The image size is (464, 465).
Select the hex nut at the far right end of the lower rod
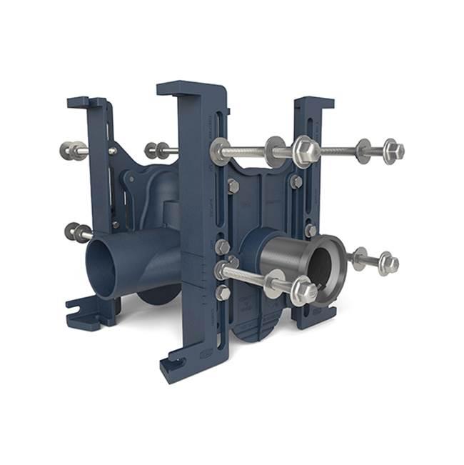coord(388,262)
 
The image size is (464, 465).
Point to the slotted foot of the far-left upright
coord(81,311)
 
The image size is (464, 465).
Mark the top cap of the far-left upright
coord(88,102)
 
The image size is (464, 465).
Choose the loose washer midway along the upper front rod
coord(275,150)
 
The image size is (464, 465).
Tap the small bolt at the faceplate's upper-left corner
coord(233,184)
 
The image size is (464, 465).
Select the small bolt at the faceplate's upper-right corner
coord(296,181)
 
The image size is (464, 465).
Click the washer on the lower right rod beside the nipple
coord(358,259)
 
